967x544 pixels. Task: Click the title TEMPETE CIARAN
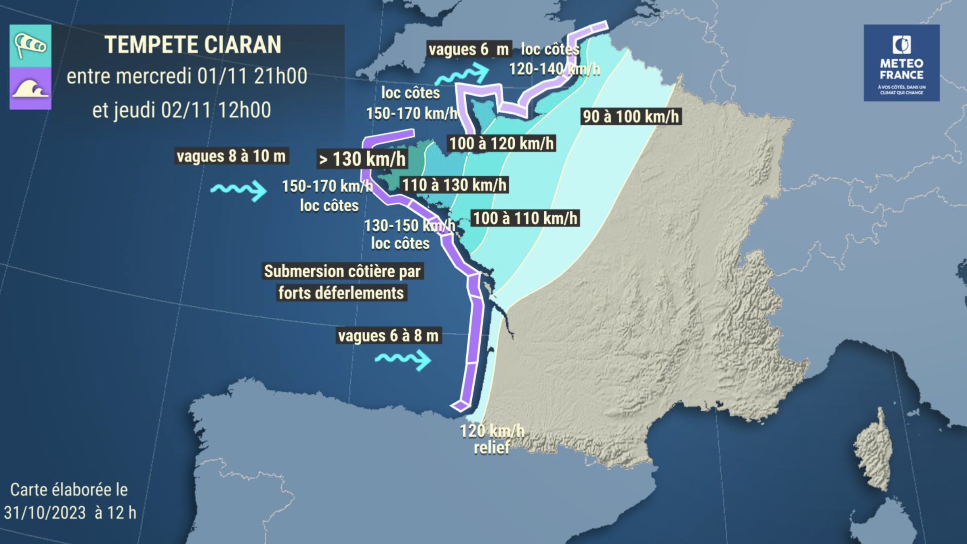pos(193,45)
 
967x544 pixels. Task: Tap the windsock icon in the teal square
pos(30,45)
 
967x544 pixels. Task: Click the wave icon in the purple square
pos(30,88)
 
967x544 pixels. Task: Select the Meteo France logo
pos(901,63)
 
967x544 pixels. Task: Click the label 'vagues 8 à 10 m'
pos(231,156)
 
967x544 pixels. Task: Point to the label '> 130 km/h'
pos(362,159)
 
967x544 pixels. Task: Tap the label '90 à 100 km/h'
pos(630,117)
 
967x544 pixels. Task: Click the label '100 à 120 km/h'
pos(501,143)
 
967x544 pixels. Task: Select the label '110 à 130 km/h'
pos(454,185)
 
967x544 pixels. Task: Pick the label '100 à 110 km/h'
pos(525,218)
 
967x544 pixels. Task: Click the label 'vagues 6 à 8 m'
pos(388,336)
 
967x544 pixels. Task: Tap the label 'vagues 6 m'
pos(469,49)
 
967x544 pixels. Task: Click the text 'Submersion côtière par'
pos(342,271)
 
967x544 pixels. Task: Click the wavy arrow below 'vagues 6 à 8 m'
pos(403,359)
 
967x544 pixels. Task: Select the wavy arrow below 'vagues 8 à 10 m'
pos(239,190)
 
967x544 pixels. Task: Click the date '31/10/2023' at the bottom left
pos(45,513)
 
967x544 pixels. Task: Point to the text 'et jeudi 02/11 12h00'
pos(181,110)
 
